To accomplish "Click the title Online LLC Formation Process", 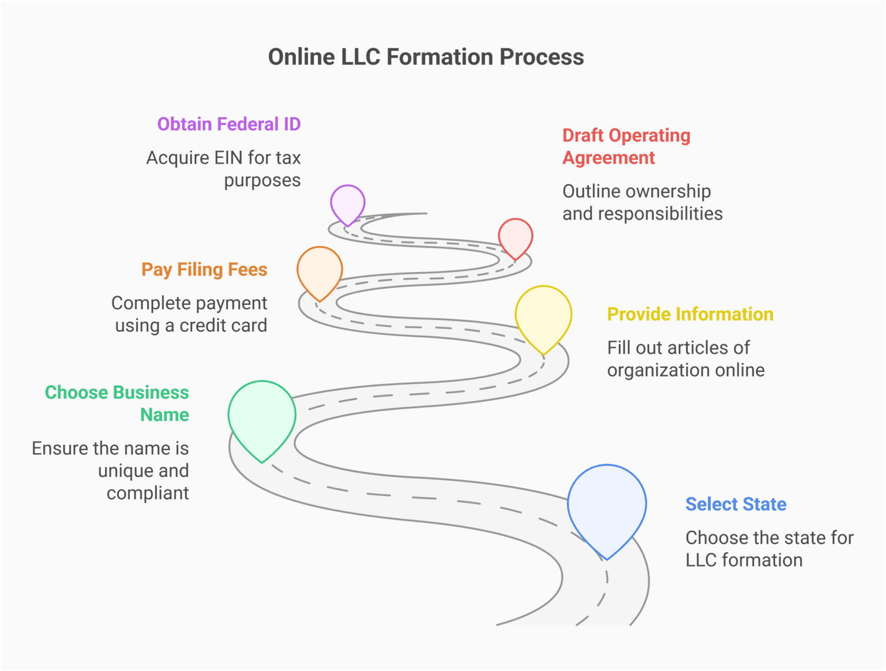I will pyautogui.click(x=426, y=57).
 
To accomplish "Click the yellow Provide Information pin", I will pyautogui.click(x=543, y=316).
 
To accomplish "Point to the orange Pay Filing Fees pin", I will pyautogui.click(x=320, y=270).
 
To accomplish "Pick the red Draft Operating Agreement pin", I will pyautogui.click(x=515, y=236).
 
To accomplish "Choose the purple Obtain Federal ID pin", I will pyautogui.click(x=347, y=203).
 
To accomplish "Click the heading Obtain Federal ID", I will pyautogui.click(x=229, y=125).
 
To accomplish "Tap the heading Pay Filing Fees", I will pyautogui.click(x=204, y=270).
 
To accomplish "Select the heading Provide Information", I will pyautogui.click(x=690, y=314).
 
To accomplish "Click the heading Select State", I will pyautogui.click(x=735, y=504).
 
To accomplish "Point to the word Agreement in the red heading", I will pyautogui.click(x=609, y=158).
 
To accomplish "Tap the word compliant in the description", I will pyautogui.click(x=148, y=493).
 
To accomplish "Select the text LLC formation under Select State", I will pyautogui.click(x=744, y=560).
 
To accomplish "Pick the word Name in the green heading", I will pyautogui.click(x=164, y=415).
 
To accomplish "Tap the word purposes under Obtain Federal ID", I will pyautogui.click(x=262, y=180).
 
